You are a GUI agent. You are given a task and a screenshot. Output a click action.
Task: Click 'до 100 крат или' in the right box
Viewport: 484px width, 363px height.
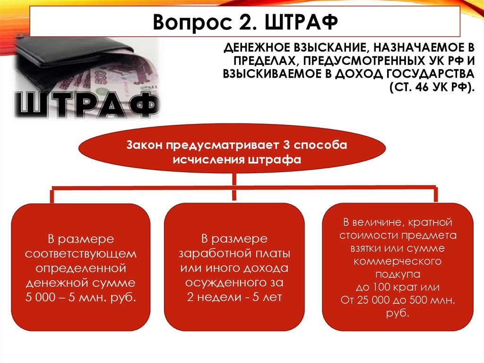coord(398,287)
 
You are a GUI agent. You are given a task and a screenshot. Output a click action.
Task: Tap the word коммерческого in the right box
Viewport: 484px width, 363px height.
coord(398,261)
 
